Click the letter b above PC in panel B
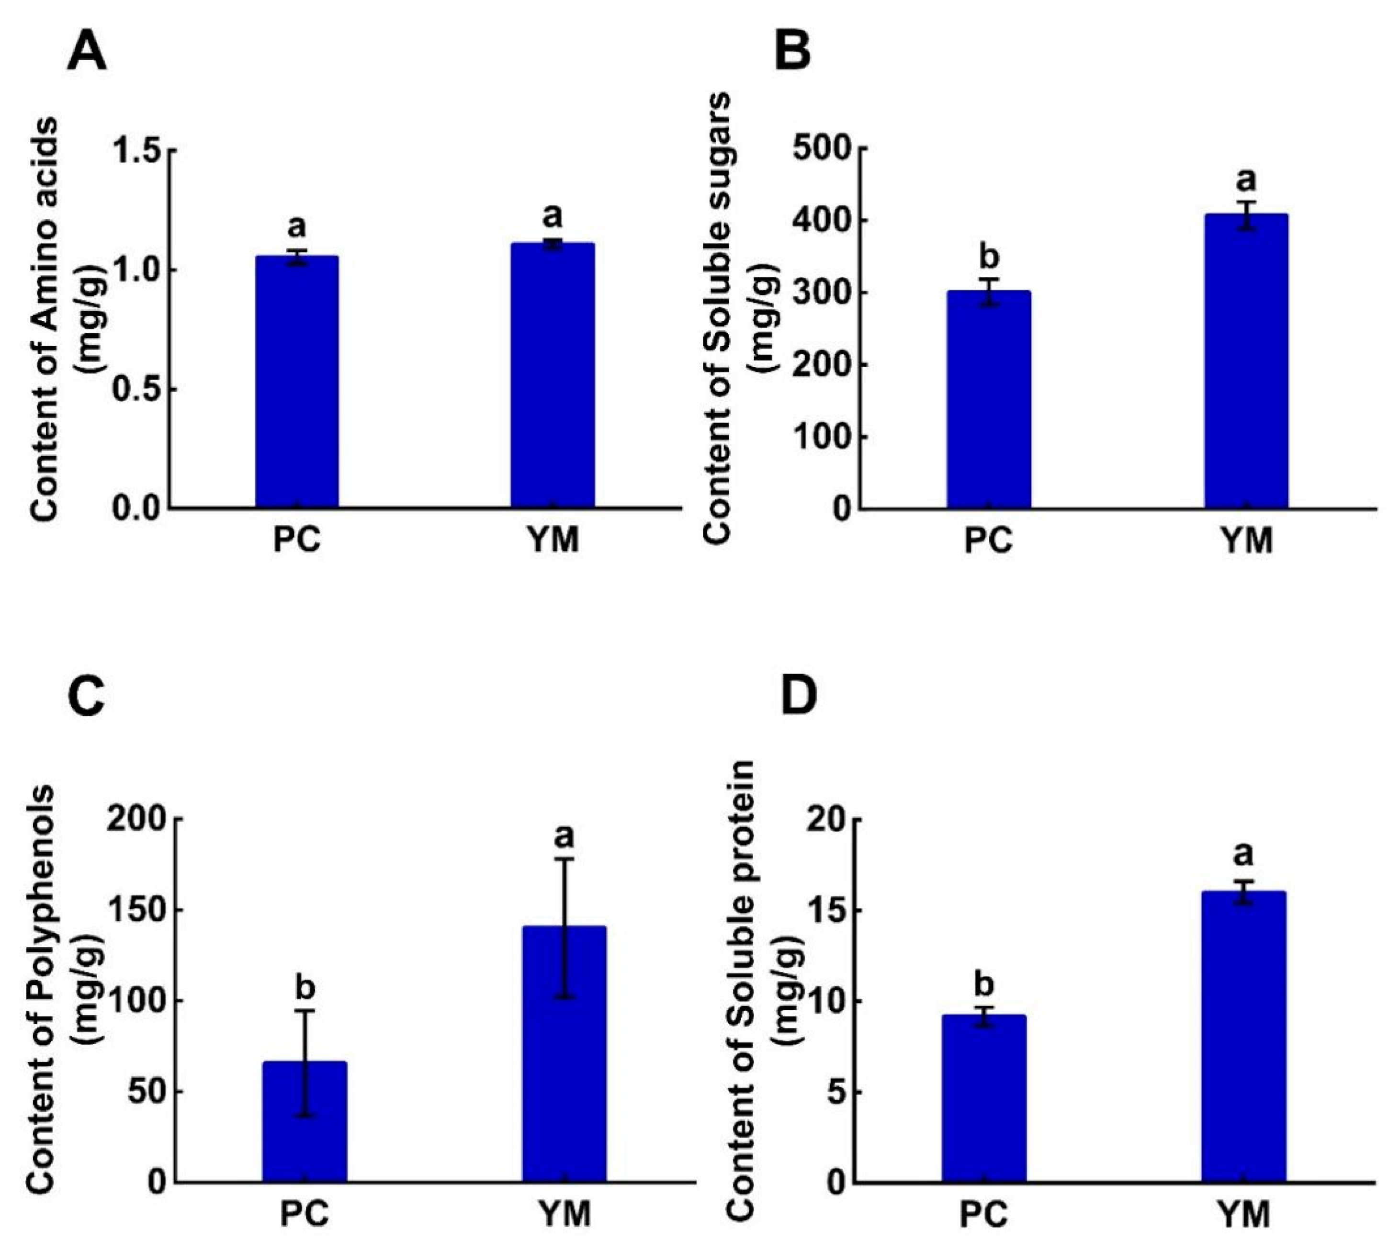click(x=989, y=257)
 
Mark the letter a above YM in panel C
click(x=565, y=836)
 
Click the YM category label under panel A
click(x=553, y=540)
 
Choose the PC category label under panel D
click(x=984, y=1214)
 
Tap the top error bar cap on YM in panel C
click(x=565, y=859)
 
